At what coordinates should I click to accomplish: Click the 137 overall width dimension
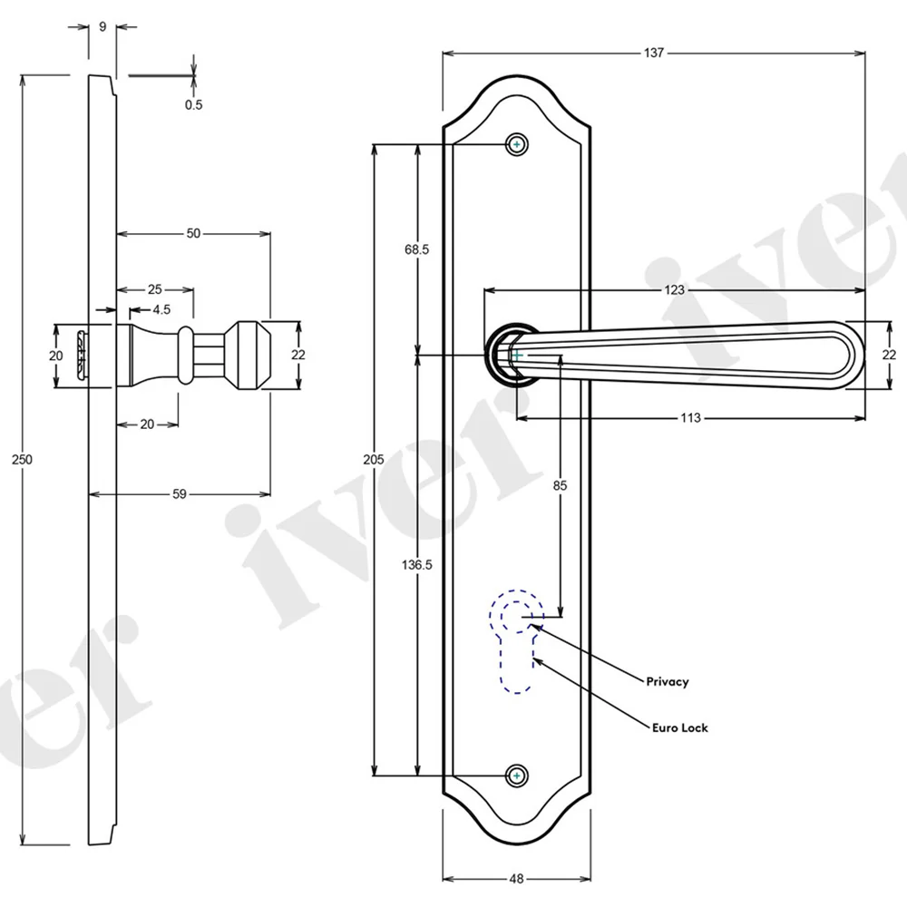point(654,54)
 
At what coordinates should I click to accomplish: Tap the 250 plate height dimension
point(22,460)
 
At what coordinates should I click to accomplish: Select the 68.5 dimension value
point(416,250)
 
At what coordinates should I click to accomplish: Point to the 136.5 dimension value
point(416,564)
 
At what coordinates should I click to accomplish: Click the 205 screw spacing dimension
point(373,460)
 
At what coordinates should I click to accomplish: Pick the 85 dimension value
point(560,485)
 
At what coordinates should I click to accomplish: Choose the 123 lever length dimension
point(674,290)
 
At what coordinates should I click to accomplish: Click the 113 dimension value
point(690,417)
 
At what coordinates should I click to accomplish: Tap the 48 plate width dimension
point(517,879)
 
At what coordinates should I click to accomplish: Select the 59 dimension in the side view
point(180,494)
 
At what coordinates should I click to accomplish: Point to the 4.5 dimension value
point(161,310)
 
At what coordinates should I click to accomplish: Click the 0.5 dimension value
point(194,104)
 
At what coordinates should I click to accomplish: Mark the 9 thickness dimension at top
point(102,26)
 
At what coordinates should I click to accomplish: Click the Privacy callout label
point(668,681)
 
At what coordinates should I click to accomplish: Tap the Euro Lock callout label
point(679,727)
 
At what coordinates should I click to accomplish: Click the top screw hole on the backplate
point(517,144)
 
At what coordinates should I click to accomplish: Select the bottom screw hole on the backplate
point(517,775)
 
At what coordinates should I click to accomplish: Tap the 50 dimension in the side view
point(193,234)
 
